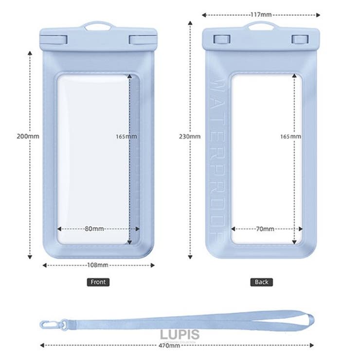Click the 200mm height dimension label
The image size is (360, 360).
click(x=28, y=136)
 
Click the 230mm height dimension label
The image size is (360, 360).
click(x=190, y=136)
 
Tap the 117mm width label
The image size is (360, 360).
click(x=261, y=15)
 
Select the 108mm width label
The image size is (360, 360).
click(x=98, y=265)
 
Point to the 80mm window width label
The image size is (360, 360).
click(x=94, y=229)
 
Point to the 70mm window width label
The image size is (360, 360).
click(x=265, y=229)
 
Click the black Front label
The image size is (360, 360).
click(x=98, y=282)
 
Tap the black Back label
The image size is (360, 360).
click(x=261, y=282)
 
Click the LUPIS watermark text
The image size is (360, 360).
click(x=180, y=334)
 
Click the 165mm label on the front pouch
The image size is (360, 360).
click(x=126, y=136)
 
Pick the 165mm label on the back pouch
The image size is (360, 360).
click(x=291, y=136)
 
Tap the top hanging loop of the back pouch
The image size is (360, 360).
click(x=261, y=25)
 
